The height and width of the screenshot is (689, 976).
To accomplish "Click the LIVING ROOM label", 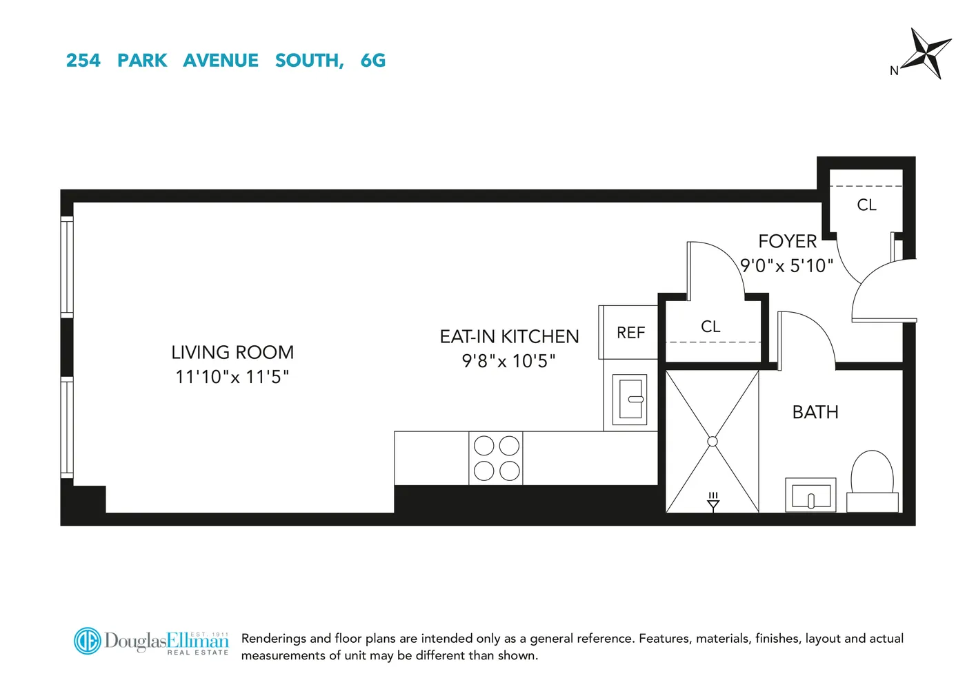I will [x=232, y=352].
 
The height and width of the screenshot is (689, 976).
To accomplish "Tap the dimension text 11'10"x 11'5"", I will [x=232, y=377].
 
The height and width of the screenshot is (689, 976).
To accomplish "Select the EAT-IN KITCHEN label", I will [x=509, y=336].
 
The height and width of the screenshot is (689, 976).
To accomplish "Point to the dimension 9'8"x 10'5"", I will [x=509, y=361].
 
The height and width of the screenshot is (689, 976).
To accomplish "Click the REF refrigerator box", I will [x=629, y=333].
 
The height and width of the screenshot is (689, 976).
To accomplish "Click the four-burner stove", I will [x=496, y=458].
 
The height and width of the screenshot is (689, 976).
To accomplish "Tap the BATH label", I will [x=815, y=412].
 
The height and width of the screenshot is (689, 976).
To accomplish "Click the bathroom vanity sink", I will [x=810, y=495].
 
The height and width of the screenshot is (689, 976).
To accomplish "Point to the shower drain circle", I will [x=713, y=442].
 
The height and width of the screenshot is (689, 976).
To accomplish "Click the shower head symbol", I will [x=713, y=502].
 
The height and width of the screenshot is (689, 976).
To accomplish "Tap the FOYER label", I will [x=787, y=241].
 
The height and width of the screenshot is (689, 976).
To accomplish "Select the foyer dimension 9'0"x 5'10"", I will [x=786, y=266].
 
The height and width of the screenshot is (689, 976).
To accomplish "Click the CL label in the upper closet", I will [x=866, y=205].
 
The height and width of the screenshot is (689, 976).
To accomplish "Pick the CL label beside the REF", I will [x=710, y=327].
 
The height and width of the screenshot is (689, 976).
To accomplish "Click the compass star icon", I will [x=928, y=52].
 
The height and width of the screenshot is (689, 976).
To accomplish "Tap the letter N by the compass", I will [x=894, y=70].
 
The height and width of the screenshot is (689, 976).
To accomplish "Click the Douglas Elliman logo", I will [x=152, y=641].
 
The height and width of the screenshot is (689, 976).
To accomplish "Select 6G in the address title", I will [x=372, y=61].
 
